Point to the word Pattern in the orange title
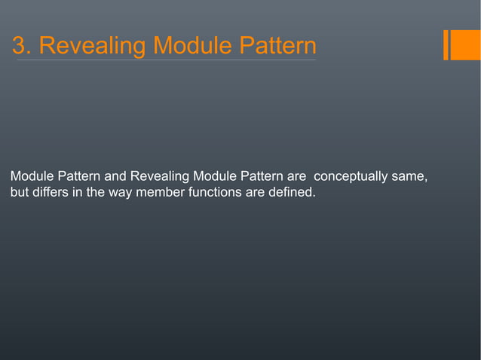pyautogui.click(x=278, y=46)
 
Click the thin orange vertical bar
pyautogui.click(x=446, y=44)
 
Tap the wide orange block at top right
pyautogui.click(x=466, y=44)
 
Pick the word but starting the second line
pyautogui.click(x=20, y=193)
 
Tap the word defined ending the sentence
pyautogui.click(x=294, y=193)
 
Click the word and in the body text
pyautogui.click(x=115, y=177)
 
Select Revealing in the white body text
pyautogui.click(x=160, y=177)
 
